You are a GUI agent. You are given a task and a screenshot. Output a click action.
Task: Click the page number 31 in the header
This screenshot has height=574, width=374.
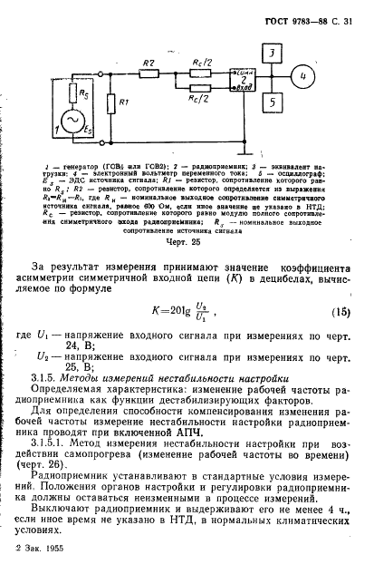pos(353,9)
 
